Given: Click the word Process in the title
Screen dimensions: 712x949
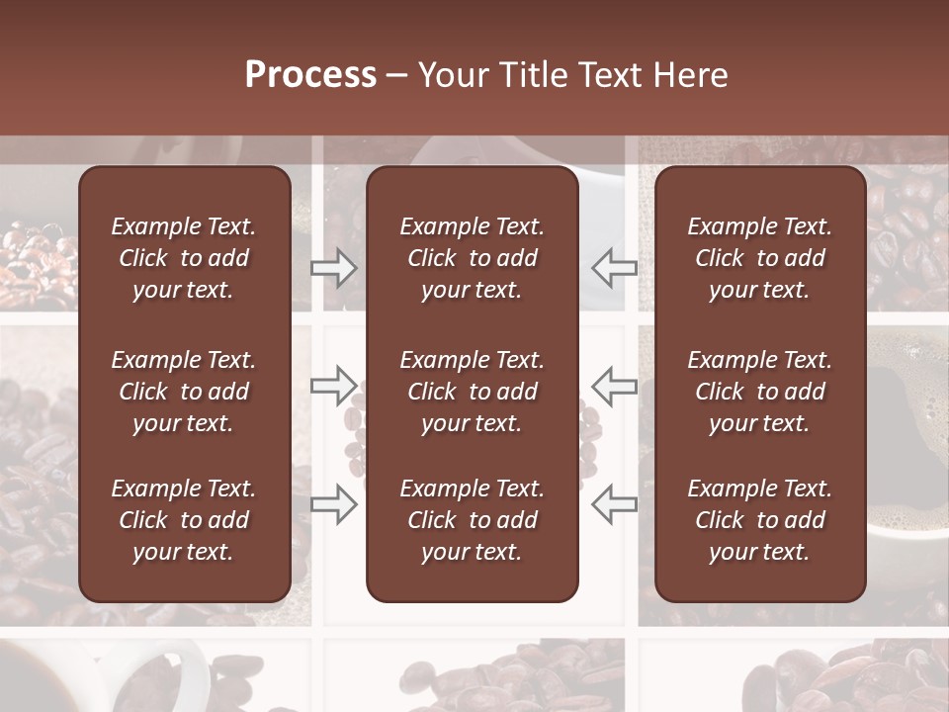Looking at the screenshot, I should [x=310, y=74].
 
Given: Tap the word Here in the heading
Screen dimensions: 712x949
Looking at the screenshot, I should [x=690, y=74].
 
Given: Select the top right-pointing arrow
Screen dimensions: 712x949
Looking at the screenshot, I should [x=334, y=268].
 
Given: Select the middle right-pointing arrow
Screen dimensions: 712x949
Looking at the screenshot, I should [x=334, y=385].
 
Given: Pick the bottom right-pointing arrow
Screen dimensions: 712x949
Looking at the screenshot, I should [x=334, y=504].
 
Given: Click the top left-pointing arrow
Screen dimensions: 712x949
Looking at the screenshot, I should [x=615, y=267].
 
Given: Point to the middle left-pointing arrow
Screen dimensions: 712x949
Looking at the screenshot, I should [x=615, y=385].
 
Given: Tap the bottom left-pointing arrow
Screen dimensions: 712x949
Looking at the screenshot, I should [x=615, y=504].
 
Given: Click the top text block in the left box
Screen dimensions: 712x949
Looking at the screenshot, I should [x=184, y=258].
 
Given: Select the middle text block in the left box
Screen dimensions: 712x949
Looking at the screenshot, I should [x=184, y=392].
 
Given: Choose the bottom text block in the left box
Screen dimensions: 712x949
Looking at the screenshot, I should [x=184, y=520].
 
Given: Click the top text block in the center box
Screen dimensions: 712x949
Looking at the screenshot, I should [x=472, y=258].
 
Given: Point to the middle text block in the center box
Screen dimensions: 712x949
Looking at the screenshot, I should [x=472, y=392].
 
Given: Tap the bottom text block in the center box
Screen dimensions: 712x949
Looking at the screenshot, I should [x=472, y=520].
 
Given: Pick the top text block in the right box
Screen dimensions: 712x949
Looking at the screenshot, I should [x=759, y=258].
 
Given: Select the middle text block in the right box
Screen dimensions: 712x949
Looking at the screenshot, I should [x=759, y=392].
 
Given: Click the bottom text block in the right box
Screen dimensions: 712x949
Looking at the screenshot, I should [x=759, y=520].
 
